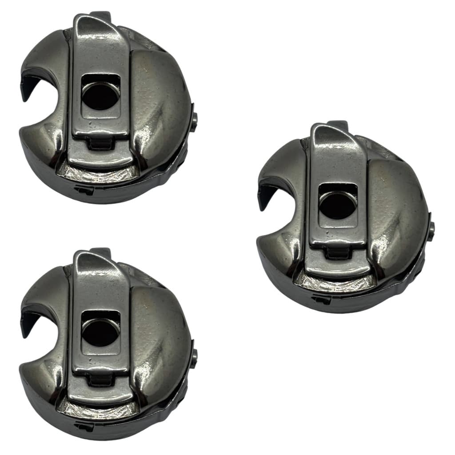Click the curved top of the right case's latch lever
pos(329,131)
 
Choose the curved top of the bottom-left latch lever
pos(91,258)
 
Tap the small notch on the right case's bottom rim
pos(321,299)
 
